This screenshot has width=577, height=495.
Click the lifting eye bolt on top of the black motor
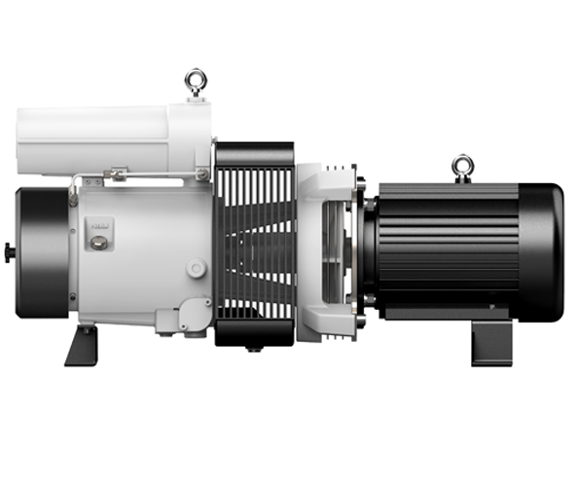463,166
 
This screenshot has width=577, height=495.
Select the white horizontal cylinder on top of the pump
107,138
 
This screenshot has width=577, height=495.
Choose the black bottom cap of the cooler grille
254,332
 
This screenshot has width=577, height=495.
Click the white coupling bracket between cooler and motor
326,248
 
